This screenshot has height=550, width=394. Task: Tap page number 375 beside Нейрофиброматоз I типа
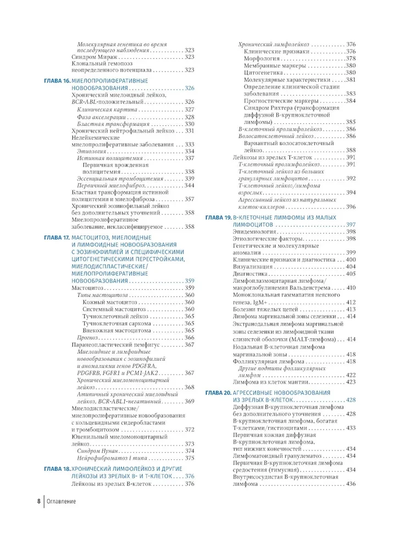(x=190, y=458)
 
